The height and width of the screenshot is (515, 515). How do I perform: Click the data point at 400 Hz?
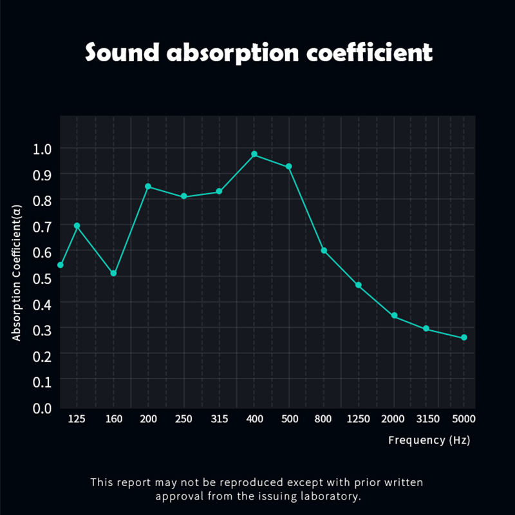click(254, 154)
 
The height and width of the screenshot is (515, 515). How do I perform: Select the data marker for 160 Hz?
click(113, 274)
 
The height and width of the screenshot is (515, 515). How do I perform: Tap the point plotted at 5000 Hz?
click(464, 338)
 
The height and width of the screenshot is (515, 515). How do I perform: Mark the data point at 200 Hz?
click(148, 187)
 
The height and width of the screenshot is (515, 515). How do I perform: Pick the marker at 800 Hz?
click(324, 250)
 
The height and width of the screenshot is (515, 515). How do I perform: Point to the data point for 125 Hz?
click(77, 226)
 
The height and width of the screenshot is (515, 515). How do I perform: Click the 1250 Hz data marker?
click(359, 285)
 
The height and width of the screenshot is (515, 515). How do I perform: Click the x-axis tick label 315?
click(220, 419)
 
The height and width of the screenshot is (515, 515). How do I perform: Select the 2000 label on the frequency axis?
click(393, 419)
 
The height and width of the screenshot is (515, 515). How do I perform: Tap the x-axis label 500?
click(290, 419)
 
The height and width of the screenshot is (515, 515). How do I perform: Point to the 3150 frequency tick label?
click(428, 419)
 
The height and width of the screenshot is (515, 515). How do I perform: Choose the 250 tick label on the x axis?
click(184, 419)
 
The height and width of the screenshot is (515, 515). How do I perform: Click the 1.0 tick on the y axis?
click(42, 149)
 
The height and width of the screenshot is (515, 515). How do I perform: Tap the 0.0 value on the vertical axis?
click(42, 407)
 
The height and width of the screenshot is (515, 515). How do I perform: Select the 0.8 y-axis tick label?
click(42, 200)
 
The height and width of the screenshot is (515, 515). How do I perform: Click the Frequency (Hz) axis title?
click(429, 440)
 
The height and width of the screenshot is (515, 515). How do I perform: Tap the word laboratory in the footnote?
click(327, 496)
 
